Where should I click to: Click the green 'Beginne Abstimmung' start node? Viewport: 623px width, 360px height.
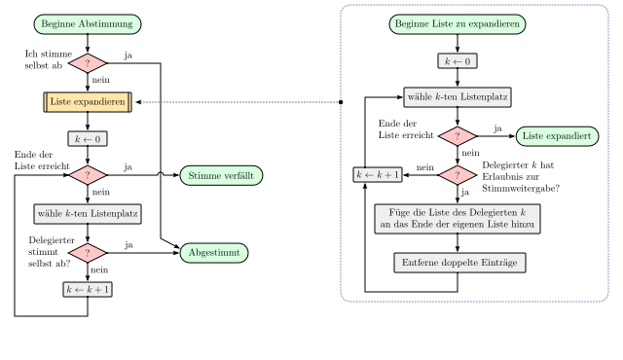pyautogui.click(x=88, y=24)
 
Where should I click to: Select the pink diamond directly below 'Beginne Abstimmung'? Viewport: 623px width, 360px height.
pyautogui.click(x=88, y=63)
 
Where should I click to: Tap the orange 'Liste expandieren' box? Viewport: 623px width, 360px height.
pyautogui.click(x=88, y=101)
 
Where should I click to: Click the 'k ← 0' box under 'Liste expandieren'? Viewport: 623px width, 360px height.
pyautogui.click(x=88, y=139)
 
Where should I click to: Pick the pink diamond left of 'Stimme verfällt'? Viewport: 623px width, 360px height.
pyautogui.click(x=88, y=175)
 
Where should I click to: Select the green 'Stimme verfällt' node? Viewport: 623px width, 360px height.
pyautogui.click(x=222, y=175)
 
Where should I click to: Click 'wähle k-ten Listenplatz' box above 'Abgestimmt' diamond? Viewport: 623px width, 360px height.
pyautogui.click(x=88, y=213)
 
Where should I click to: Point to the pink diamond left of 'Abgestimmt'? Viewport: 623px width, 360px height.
pyautogui.click(x=88, y=253)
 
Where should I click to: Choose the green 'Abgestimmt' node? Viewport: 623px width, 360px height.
pyautogui.click(x=213, y=253)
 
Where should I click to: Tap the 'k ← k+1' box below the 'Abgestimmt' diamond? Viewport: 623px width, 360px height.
pyautogui.click(x=88, y=290)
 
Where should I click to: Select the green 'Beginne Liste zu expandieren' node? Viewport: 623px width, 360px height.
pyautogui.click(x=458, y=24)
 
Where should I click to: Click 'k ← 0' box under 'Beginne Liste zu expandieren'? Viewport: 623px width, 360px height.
pyautogui.click(x=458, y=61)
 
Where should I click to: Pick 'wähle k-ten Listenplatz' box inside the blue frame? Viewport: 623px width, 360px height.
pyautogui.click(x=458, y=97)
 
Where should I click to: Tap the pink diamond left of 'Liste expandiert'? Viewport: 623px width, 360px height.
pyautogui.click(x=458, y=136)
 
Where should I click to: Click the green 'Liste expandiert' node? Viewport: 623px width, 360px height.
pyautogui.click(x=557, y=136)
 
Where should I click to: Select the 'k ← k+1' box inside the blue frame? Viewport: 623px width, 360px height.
pyautogui.click(x=378, y=175)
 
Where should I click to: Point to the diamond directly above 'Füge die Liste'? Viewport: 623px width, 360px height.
pyautogui.click(x=458, y=175)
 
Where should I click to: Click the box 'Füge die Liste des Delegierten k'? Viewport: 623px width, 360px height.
pyautogui.click(x=458, y=218)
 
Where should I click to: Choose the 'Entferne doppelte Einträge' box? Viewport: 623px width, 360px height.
pyautogui.click(x=459, y=263)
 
